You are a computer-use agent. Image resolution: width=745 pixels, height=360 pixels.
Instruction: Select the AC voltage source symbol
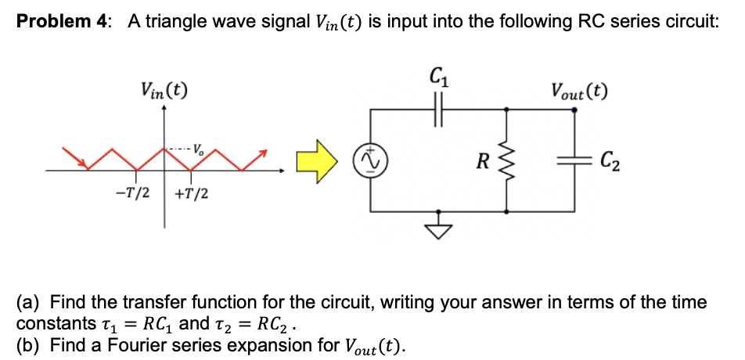[x=370, y=161]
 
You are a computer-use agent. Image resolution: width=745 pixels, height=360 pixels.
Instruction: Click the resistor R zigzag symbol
[x=507, y=162]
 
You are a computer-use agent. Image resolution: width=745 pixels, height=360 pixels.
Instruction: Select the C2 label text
[x=612, y=162]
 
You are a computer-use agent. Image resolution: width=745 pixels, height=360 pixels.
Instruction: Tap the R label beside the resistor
[x=486, y=163]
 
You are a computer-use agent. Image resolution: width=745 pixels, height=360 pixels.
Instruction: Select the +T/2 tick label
[x=190, y=193]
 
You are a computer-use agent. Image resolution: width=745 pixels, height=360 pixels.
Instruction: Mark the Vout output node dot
[x=575, y=110]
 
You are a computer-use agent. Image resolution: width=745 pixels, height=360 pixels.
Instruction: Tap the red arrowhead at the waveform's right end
[x=264, y=151]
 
